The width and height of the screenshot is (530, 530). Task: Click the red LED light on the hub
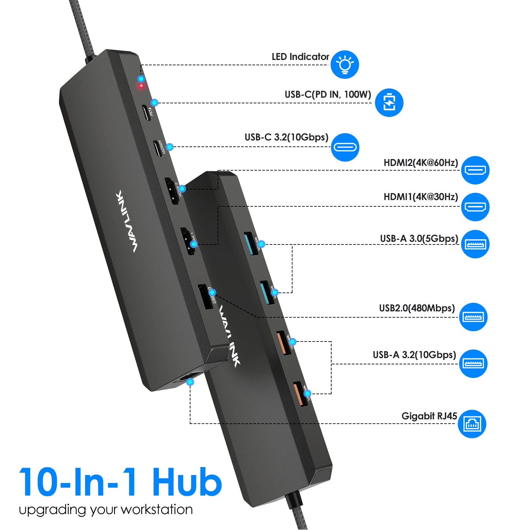[141, 86]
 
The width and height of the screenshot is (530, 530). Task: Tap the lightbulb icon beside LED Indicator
[345, 65]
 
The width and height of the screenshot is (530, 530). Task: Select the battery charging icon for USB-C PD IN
[389, 103]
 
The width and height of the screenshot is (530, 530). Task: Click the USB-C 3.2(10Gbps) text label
[286, 137]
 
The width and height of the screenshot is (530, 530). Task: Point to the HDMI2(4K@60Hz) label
[421, 163]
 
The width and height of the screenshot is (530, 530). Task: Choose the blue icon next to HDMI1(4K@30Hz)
[475, 207]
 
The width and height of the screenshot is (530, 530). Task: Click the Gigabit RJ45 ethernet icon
[472, 424]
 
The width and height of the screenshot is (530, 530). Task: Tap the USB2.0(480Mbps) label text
[417, 308]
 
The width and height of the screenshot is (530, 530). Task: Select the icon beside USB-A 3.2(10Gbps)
[473, 364]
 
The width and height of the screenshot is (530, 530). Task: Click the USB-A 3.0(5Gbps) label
[419, 238]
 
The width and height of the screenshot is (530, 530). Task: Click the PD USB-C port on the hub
[146, 113]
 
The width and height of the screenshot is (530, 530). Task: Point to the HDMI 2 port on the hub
[172, 191]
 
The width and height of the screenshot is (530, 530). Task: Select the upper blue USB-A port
[251, 243]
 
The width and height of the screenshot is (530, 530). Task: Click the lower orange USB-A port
[300, 394]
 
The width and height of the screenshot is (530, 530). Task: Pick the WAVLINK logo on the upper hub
[127, 221]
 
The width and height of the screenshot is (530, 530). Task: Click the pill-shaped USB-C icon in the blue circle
[345, 147]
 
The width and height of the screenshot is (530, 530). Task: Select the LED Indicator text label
[300, 57]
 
